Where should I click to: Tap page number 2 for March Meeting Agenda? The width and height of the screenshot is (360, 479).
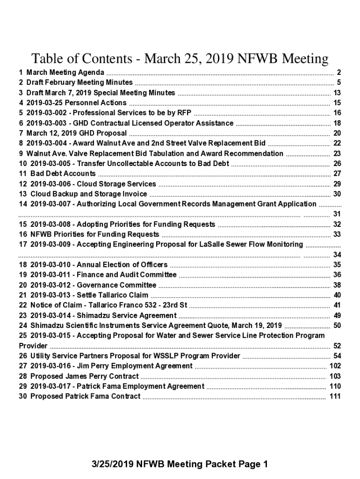pos(338,73)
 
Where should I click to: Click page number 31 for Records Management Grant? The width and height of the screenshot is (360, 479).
pos(337,214)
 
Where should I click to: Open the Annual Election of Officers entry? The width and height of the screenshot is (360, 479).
pos(99,265)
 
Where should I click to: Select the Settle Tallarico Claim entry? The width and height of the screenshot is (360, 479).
pos(89,295)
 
